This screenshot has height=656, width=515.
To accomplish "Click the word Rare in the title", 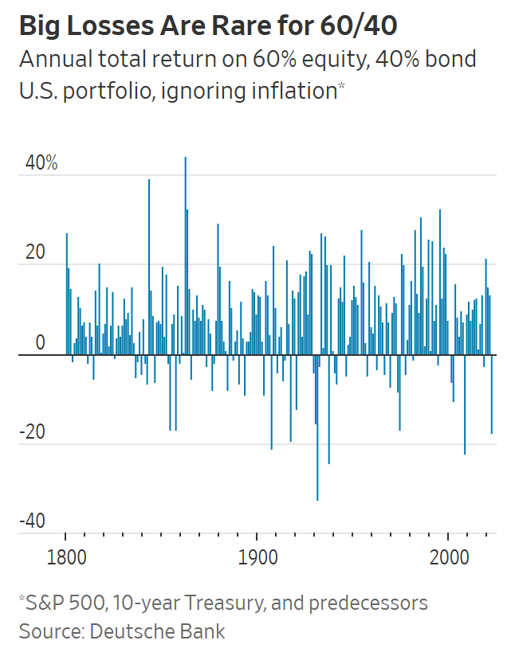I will pyautogui.click(x=235, y=26).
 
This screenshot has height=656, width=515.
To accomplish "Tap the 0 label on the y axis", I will pyautogui.click(x=39, y=344).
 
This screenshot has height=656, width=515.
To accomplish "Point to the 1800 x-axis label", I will pyautogui.click(x=65, y=555).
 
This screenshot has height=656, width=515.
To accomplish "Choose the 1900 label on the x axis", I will pyautogui.click(x=257, y=555).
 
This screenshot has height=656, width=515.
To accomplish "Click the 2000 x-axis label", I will pyautogui.click(x=448, y=555).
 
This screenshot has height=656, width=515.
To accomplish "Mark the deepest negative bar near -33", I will pyautogui.click(x=317, y=430).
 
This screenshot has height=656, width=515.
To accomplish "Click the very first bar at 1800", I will pyautogui.click(x=66, y=295).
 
